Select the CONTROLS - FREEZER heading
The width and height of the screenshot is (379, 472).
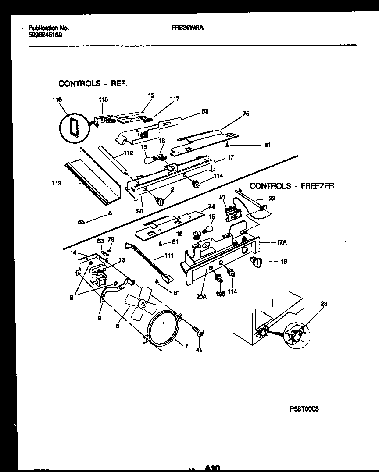291,186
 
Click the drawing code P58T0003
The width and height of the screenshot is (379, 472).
304,408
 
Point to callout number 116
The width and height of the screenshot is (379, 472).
56,100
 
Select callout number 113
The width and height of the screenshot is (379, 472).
56,184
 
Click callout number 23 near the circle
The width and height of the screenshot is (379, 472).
324,303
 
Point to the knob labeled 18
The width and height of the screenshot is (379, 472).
256,262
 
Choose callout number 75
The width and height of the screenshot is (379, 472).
246,113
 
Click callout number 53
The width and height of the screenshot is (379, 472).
204,111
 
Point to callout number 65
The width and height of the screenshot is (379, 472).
81,222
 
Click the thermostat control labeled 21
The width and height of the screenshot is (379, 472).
231,214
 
